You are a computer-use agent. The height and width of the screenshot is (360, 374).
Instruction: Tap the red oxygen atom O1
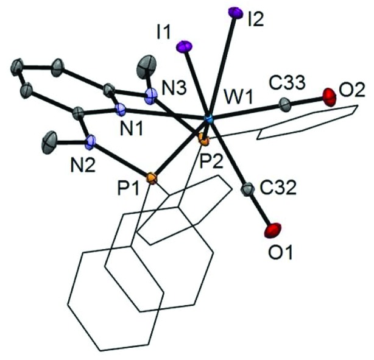point(273,230)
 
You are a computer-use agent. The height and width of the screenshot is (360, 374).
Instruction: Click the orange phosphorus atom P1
point(152,178)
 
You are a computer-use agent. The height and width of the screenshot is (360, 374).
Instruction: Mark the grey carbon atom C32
point(247,191)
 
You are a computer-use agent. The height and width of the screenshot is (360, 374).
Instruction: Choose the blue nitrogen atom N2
point(91,144)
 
